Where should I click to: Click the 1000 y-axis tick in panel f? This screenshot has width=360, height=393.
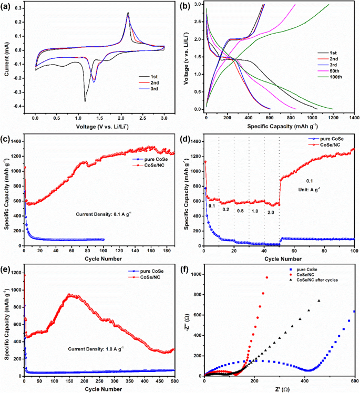195,274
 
